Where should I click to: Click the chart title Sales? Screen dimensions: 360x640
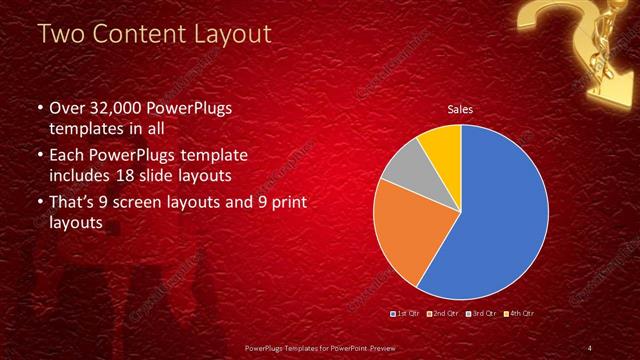tap(460, 109)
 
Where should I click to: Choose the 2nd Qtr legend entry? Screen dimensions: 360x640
tap(444, 314)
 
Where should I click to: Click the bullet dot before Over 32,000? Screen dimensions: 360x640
tap(39, 109)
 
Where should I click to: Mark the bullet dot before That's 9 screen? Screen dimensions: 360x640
tap(39, 204)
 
